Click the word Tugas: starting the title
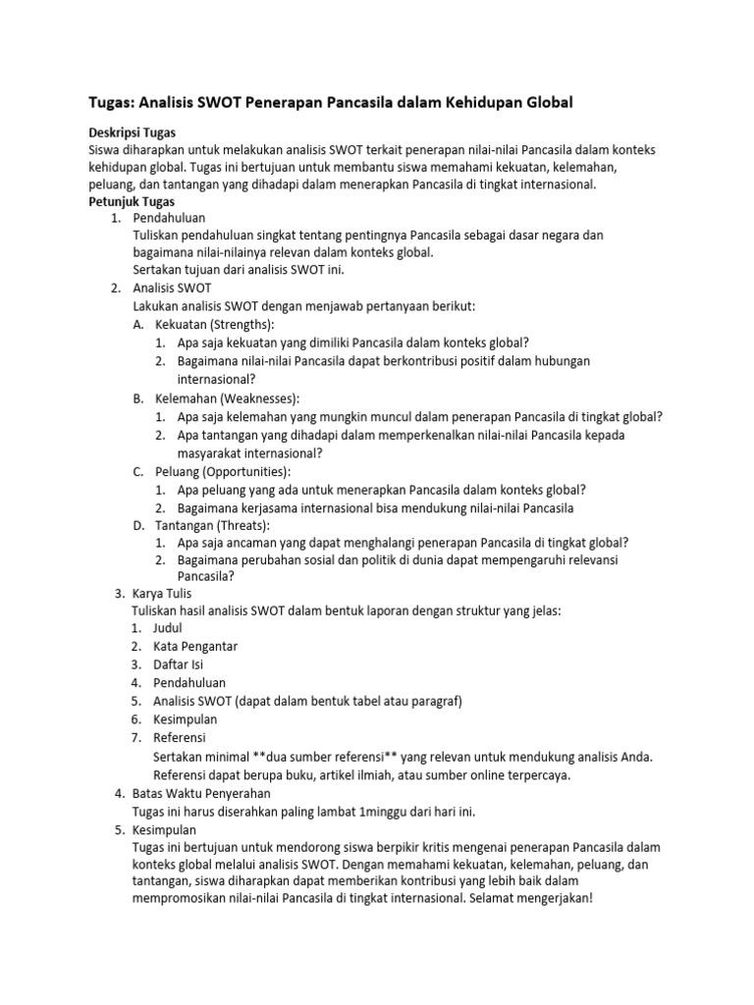point(105,101)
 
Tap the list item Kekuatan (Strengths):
point(215,324)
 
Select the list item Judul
point(168,628)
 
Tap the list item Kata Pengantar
point(195,646)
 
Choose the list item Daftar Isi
point(179,664)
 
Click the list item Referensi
point(180,737)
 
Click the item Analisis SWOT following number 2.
point(174,288)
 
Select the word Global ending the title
point(550,101)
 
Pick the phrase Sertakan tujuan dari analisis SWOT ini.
point(239,269)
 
